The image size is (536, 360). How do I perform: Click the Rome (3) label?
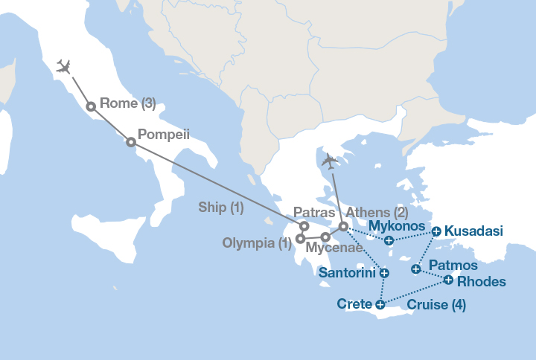[127, 103]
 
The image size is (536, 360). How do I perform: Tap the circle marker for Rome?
[91, 106]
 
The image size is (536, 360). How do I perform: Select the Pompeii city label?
[164, 135]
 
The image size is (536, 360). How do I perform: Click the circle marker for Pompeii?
[131, 142]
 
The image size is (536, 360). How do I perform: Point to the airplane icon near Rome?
[63, 67]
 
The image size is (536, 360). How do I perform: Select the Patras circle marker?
[304, 226]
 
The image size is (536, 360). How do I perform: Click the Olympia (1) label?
[256, 243]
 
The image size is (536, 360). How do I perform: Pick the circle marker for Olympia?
[300, 239]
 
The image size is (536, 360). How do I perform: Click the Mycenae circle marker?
[325, 237]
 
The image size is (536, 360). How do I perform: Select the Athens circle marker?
[343, 226]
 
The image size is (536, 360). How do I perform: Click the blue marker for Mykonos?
[389, 240]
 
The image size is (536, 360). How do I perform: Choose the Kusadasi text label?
[473, 231]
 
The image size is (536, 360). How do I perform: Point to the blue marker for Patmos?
[416, 269]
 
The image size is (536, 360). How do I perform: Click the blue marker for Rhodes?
[448, 280]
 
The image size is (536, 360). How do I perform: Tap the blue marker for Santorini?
[384, 273]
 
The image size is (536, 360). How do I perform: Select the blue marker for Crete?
[380, 303]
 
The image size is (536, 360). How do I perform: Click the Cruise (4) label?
[436, 304]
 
